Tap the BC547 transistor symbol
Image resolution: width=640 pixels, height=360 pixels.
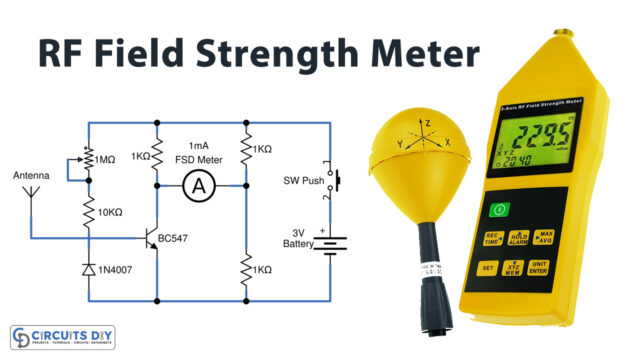click(153, 239)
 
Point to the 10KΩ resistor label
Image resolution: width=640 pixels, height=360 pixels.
click(112, 213)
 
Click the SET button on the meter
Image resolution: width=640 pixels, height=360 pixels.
click(487, 268)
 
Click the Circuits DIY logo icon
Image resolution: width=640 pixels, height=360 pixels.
click(22, 336)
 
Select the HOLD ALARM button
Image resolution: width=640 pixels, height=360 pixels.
click(518, 238)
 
